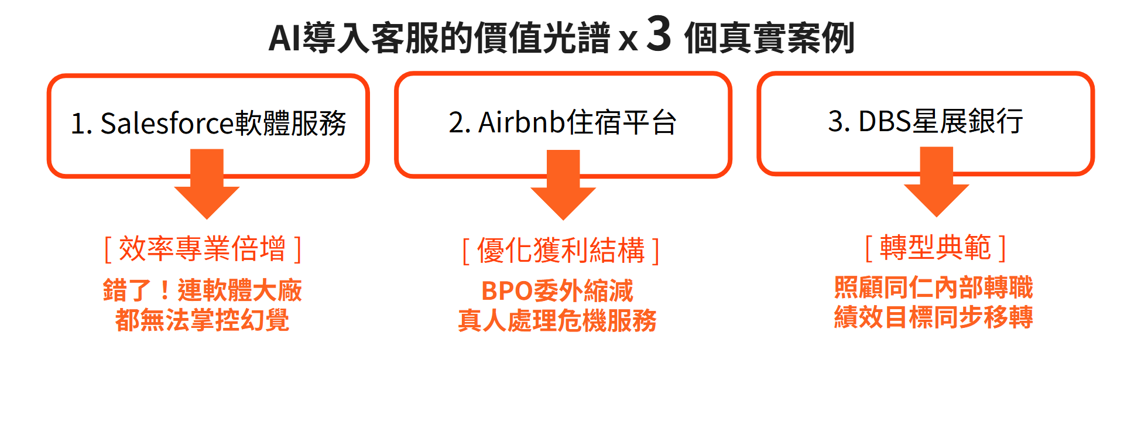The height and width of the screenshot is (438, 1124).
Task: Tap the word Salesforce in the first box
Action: point(167,124)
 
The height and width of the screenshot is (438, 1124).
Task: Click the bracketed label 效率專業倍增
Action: point(203,249)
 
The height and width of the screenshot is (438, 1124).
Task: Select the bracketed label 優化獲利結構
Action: point(561,251)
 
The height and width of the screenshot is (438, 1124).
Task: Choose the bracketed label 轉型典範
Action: point(935,247)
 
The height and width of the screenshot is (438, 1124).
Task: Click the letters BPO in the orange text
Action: point(507,291)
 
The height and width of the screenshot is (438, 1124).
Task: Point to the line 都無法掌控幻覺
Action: point(202,320)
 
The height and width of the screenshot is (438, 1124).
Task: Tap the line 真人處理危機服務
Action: point(557,321)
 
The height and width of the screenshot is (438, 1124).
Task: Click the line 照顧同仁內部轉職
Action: point(933,288)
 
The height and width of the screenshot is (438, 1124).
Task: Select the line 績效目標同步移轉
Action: point(933,317)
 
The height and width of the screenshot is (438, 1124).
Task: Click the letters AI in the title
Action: point(285,39)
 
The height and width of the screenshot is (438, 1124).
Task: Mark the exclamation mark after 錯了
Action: point(165,290)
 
